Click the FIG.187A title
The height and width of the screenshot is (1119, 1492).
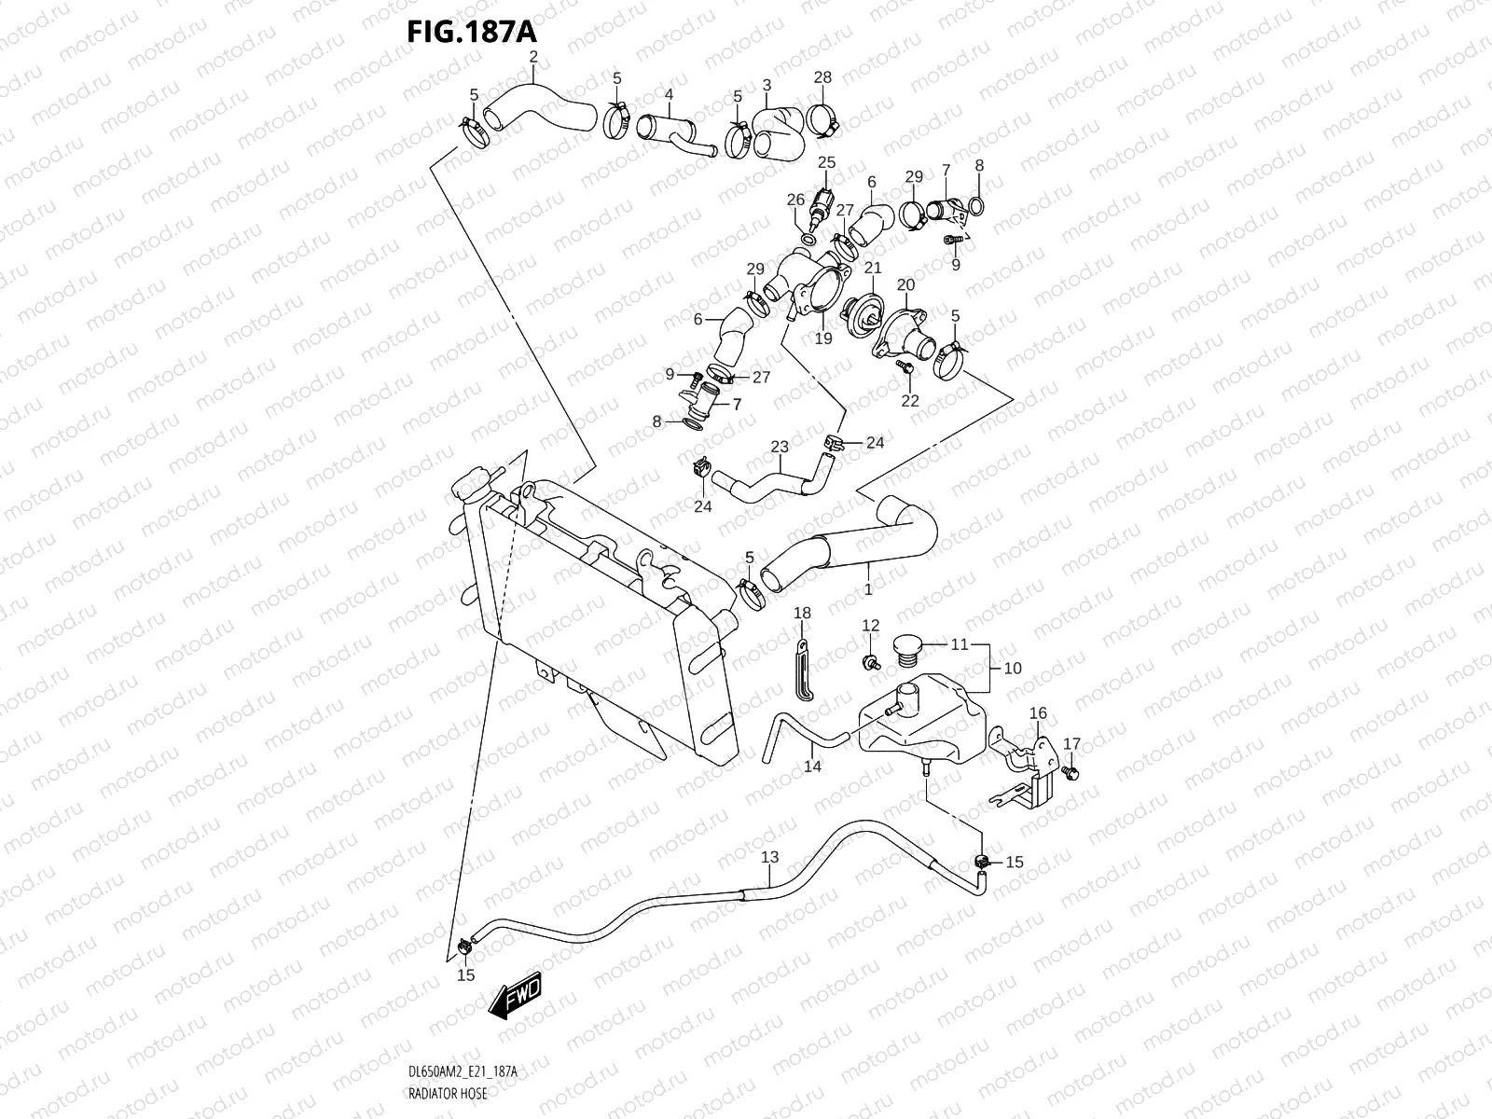(472, 31)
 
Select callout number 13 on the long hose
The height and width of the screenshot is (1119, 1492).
(769, 857)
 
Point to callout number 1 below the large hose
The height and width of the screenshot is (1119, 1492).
(868, 589)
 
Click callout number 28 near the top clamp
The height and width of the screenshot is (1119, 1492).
(822, 77)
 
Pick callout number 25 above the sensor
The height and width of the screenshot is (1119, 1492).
(827, 162)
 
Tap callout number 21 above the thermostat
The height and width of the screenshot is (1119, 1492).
(873, 268)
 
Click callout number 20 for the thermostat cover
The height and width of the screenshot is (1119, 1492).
(905, 283)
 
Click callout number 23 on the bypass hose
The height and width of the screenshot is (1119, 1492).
(780, 447)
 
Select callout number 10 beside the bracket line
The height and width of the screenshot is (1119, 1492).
(1012, 668)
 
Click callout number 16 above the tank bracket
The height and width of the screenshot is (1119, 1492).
(1038, 713)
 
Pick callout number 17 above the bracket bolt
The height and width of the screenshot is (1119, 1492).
(1072, 743)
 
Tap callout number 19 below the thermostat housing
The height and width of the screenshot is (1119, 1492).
(822, 338)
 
